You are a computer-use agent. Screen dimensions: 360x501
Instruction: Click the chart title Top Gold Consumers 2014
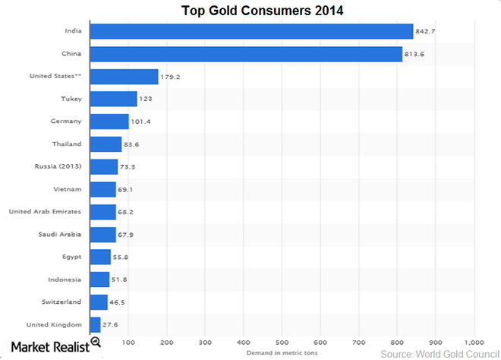click(250, 11)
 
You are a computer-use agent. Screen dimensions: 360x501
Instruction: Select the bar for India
click(251, 31)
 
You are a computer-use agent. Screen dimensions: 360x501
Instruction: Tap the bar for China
click(246, 54)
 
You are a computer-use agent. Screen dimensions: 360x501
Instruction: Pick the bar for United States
click(124, 77)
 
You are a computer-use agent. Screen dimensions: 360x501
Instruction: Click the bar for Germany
click(109, 122)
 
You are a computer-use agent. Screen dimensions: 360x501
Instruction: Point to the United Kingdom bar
click(95, 324)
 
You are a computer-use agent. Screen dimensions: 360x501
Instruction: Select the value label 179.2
click(171, 77)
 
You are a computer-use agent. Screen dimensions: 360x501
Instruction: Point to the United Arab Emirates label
click(46, 212)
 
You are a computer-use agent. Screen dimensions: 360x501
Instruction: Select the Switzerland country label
click(61, 302)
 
